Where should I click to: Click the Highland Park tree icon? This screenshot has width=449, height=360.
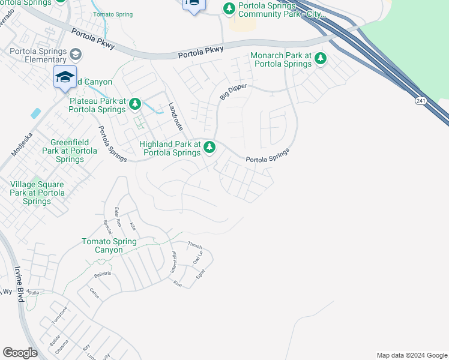209,146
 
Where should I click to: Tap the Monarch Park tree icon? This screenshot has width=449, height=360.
321,58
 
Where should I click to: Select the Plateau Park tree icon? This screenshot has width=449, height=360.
134,104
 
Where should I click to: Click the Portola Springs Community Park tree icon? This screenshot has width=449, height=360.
229,8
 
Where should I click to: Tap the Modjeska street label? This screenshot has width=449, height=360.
23,142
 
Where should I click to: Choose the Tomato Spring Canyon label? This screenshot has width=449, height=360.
109,245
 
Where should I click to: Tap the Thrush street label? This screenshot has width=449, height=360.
194,245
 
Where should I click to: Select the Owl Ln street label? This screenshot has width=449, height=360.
197,259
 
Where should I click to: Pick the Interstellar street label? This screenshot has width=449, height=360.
173,262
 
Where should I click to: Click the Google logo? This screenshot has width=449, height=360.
20,353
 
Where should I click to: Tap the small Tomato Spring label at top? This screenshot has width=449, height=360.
112,14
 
